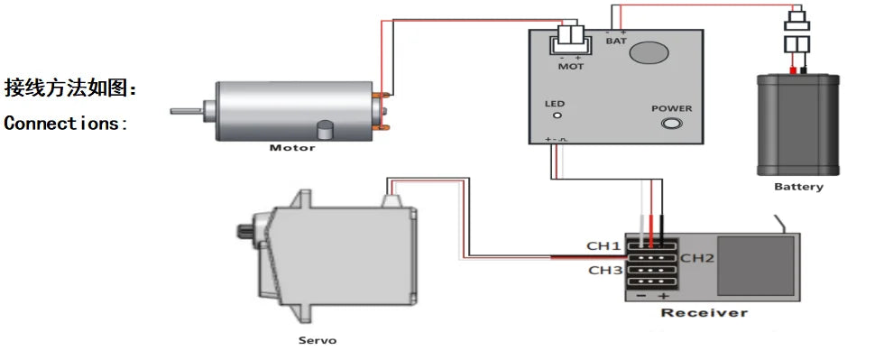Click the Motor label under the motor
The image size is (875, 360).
click(x=292, y=148)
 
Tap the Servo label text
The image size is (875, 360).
click(x=318, y=340)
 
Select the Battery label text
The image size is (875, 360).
click(x=798, y=187)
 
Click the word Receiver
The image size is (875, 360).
click(x=704, y=312)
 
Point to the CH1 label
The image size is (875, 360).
click(x=603, y=245)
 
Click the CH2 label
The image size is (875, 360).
click(x=697, y=258)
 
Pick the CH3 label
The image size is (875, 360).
click(x=605, y=271)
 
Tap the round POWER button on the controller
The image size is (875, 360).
click(x=671, y=124)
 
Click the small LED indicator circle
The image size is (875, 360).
click(x=557, y=115)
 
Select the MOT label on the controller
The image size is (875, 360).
click(x=571, y=67)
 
